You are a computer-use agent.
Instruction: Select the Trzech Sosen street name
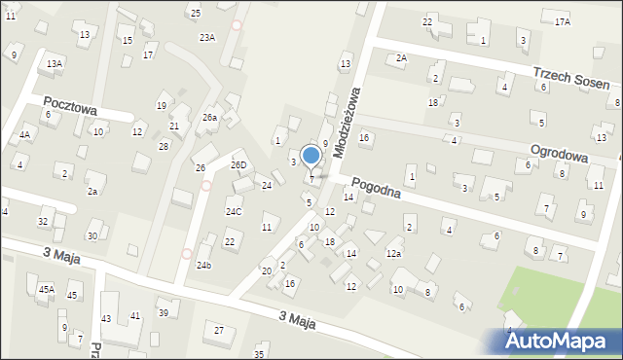pos(576,75)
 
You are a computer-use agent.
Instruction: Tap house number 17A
pos(563,21)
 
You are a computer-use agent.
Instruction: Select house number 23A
pos(207,37)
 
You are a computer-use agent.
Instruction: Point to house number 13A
pos(55,63)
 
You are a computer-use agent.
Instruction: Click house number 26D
pos(238,165)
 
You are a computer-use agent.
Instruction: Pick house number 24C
pos(234,211)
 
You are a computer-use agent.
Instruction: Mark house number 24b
pos(203,265)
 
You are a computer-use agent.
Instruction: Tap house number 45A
pos(46,289)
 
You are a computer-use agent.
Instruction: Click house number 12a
pos(393,253)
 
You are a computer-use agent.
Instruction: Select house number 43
pos(106,318)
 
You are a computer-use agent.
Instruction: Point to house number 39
pos(164,312)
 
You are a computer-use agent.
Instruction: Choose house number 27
pos(219,331)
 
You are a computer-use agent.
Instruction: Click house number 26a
pos(209,117)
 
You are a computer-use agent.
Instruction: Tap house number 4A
pos(23,135)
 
